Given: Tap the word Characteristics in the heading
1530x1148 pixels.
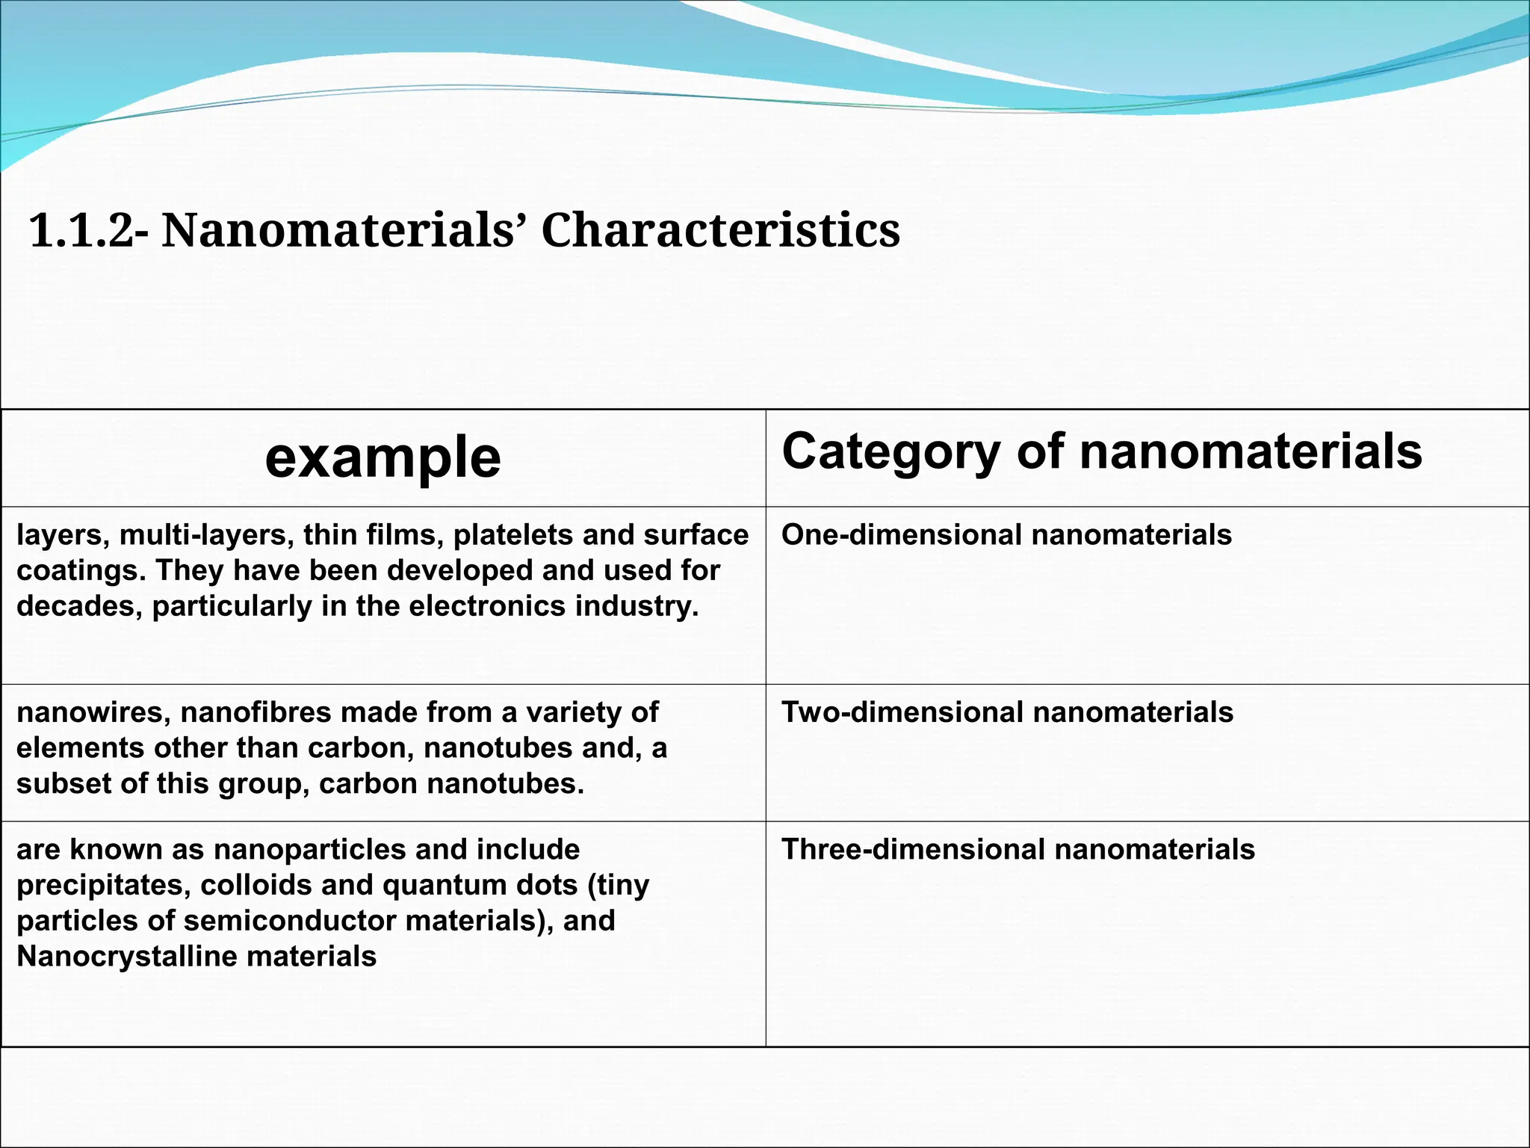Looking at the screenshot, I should (x=720, y=230).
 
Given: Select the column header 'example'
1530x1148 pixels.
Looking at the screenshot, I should (x=382, y=457).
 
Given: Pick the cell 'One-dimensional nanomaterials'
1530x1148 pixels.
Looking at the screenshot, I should (x=1006, y=535).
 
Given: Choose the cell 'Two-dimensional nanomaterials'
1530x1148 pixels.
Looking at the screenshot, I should (x=1007, y=712).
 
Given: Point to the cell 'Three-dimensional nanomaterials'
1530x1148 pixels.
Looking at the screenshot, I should (x=1018, y=850).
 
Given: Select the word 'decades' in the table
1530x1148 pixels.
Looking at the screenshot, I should (x=78, y=606).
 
